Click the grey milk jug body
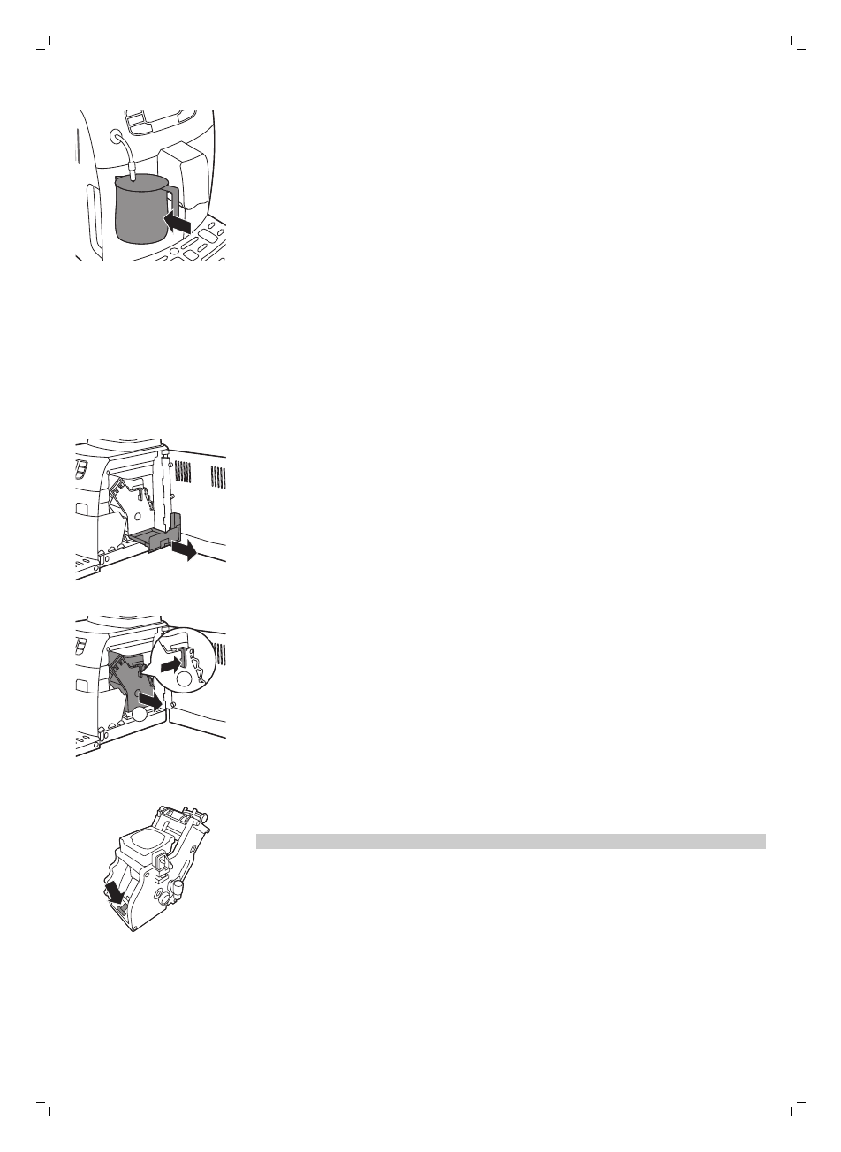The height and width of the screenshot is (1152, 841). tap(140, 212)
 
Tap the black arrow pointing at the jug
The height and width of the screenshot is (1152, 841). tap(180, 225)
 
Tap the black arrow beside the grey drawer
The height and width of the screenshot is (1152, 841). tap(186, 551)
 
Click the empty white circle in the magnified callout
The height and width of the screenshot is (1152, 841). tap(184, 679)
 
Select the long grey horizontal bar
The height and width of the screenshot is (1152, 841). tap(510, 841)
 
